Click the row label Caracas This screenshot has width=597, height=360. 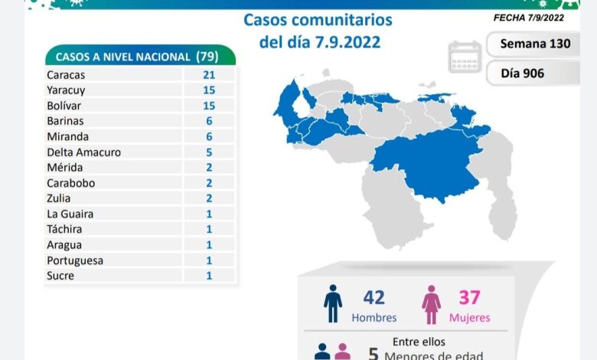[67, 74]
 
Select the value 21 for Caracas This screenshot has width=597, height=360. [208, 74]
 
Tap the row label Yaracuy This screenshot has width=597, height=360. [67, 90]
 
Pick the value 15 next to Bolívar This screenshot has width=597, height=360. [208, 105]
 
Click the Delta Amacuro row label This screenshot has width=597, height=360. [83, 152]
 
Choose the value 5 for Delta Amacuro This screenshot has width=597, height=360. [208, 152]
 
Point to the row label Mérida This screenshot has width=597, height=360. [64, 167]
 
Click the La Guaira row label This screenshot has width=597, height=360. [70, 214]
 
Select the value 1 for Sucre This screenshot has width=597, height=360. [208, 276]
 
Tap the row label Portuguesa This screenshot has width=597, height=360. [74, 260]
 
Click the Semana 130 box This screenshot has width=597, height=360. [535, 44]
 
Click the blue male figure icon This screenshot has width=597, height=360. [333, 303]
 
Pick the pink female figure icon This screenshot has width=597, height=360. [431, 305]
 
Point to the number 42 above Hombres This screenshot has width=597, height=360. [374, 298]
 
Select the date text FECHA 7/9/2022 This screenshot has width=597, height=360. [528, 18]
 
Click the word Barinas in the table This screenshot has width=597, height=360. [65, 121]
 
